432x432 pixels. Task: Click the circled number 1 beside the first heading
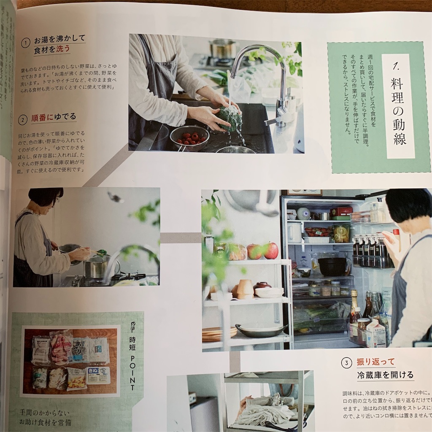(x=26, y=43)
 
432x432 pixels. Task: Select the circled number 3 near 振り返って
(x=346, y=362)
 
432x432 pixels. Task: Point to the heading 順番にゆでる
(x=54, y=117)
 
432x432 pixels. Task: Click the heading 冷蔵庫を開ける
(x=385, y=375)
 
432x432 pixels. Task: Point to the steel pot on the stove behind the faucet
(x=223, y=49)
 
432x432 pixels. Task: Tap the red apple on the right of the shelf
(x=270, y=250)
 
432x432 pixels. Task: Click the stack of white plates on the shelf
(x=269, y=292)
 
